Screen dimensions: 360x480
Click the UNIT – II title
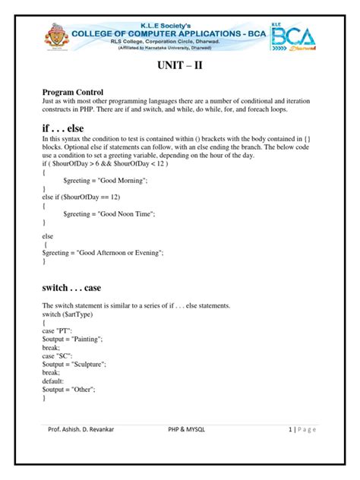point(180,67)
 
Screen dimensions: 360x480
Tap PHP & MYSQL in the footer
point(191,428)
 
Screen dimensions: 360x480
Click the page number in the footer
point(291,428)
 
